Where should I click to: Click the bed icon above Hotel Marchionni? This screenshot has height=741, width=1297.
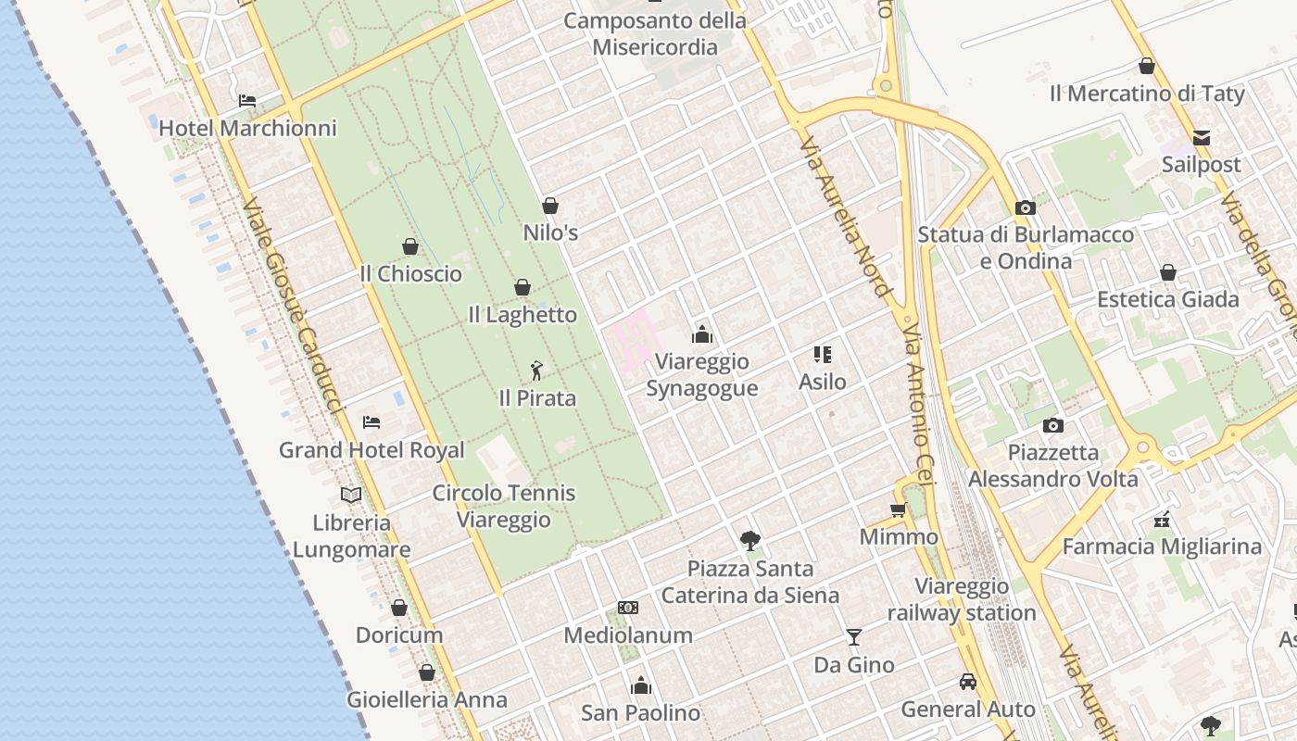coord(246,101)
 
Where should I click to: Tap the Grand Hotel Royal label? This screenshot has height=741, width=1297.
coord(371,450)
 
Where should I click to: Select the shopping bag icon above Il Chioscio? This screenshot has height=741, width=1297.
coord(410,246)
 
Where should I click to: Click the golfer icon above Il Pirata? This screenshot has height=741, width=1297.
coord(536,371)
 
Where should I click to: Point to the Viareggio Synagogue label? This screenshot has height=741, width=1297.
coord(701,375)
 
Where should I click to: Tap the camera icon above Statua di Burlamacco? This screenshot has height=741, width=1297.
coord(1025,207)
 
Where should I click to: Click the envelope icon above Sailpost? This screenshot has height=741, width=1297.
coord(1202,138)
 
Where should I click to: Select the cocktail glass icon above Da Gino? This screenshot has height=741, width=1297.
coord(854,637)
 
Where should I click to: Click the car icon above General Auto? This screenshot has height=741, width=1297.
coord(968,682)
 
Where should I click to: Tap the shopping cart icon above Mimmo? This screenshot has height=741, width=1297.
coord(898,509)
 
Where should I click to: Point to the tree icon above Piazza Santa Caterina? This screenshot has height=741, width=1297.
coord(750,541)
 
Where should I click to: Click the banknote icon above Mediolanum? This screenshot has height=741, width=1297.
coord(628,608)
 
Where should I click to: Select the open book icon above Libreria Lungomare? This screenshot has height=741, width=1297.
coord(351,496)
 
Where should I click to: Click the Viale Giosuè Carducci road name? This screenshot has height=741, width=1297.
coord(293,306)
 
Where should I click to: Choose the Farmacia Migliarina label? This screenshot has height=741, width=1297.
coord(1162,546)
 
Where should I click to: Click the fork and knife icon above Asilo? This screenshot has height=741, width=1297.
coord(823,354)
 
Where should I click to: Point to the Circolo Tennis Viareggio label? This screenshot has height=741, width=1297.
coord(504,506)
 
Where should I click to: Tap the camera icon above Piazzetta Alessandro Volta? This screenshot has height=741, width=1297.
coord(1052,426)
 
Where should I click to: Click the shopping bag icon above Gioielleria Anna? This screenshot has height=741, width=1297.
coord(427,672)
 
